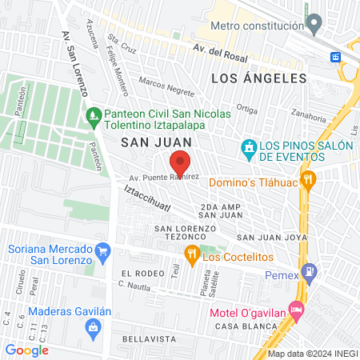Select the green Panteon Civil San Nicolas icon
pyautogui.click(x=94, y=116)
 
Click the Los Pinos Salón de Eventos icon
pyautogui.click(x=249, y=148)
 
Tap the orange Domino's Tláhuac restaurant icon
pyautogui.click(x=309, y=181)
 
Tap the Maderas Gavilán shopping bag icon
pyautogui.click(x=94, y=326)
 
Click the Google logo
pyautogui.click(x=26, y=350)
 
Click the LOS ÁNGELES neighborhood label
pyautogui.click(x=259, y=78)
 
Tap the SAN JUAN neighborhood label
pyautogui.click(x=146, y=142)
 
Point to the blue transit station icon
pyautogui.click(x=337, y=57)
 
